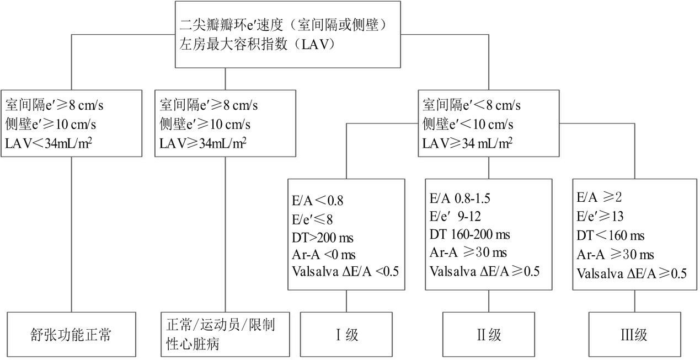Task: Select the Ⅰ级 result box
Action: click(x=346, y=335)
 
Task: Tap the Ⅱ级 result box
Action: click(x=489, y=335)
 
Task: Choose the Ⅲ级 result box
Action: click(x=633, y=335)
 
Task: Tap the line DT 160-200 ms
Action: click(x=470, y=235)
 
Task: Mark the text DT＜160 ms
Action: click(x=611, y=236)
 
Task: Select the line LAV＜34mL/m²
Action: click(x=49, y=143)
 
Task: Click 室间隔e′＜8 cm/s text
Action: click(x=472, y=104)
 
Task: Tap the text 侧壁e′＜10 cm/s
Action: click(x=468, y=123)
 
